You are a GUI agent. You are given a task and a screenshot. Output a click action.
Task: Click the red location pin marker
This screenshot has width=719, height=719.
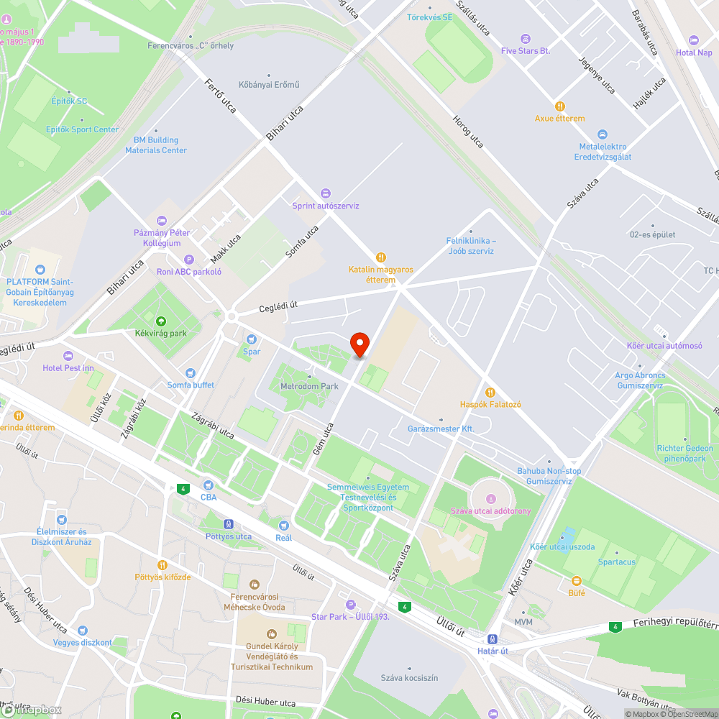click(x=359, y=344)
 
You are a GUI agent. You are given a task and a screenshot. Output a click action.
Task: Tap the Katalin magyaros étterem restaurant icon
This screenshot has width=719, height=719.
click(x=381, y=257)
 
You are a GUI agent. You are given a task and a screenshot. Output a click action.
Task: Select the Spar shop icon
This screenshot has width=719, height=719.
click(x=252, y=339)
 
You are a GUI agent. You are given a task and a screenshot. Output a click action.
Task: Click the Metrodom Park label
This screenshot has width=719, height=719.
click(x=309, y=386)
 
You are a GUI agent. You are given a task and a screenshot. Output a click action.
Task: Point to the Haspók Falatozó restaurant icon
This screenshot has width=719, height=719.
click(x=490, y=392)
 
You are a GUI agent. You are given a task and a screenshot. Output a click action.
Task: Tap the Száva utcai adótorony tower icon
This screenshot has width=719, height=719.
click(x=491, y=498)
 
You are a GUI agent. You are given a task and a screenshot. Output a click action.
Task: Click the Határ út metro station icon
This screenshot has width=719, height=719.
click(x=493, y=638)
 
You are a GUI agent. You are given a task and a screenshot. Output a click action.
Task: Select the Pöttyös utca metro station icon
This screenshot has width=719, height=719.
click(x=229, y=524)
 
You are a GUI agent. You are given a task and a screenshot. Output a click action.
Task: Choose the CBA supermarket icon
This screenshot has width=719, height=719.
click(x=209, y=485)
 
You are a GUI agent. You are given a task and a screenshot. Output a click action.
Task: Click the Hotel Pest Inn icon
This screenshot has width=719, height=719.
click(x=68, y=356)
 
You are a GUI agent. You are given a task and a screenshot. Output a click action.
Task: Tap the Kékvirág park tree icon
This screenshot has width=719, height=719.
click(x=160, y=321)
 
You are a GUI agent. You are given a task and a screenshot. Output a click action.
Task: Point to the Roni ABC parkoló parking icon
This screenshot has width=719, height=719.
click(x=189, y=260)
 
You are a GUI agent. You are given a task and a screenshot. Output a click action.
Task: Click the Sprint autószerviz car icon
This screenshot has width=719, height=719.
click(x=325, y=193)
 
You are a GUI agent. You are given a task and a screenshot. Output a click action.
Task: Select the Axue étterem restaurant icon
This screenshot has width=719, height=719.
click(x=560, y=106)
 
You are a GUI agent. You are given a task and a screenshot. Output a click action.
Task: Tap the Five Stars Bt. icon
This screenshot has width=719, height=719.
click(x=526, y=38)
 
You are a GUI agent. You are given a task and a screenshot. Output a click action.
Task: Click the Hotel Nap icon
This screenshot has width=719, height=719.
click(x=694, y=40)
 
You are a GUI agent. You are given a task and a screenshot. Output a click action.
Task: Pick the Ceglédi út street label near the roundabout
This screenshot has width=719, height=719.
click(x=278, y=307)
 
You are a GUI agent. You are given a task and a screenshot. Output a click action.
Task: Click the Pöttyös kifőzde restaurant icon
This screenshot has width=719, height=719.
click(x=162, y=565)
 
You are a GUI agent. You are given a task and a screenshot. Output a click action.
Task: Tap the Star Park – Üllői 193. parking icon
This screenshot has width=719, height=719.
click(x=350, y=605)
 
